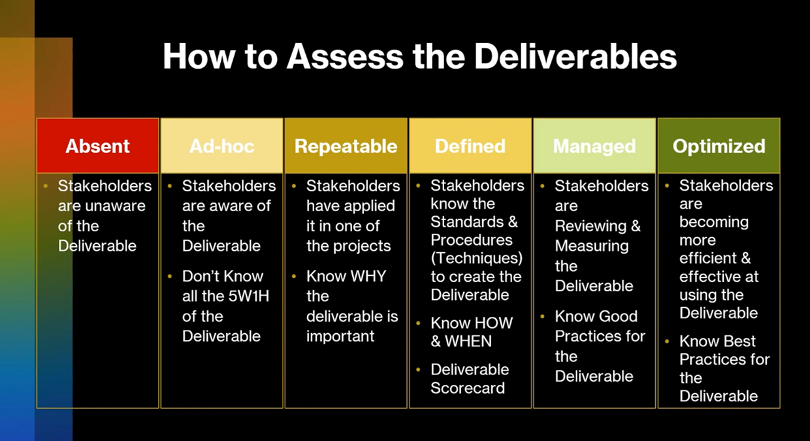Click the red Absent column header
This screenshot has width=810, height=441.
[x=98, y=146]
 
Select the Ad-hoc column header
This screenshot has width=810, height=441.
[x=222, y=146]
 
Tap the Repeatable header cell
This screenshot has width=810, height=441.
[x=346, y=146]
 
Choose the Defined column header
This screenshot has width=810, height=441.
[x=470, y=146]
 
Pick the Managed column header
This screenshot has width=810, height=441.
[x=594, y=146]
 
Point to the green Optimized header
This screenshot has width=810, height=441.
[x=719, y=146]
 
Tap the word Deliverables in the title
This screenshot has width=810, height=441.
[x=575, y=57]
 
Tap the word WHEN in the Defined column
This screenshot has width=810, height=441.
[x=468, y=341]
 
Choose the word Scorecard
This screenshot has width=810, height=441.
[x=468, y=388]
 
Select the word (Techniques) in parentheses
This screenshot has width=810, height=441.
[x=477, y=258]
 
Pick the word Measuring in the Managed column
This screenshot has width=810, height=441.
[x=591, y=246]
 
